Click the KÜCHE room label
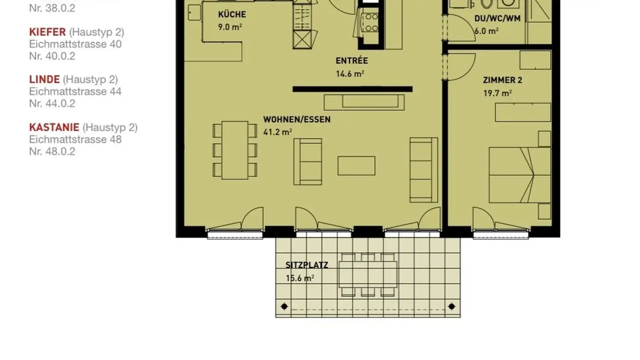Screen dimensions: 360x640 (x=232, y=15)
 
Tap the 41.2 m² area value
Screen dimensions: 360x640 (x=277, y=132)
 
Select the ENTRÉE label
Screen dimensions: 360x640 (x=352, y=61)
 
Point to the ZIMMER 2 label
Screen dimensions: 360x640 (x=502, y=80)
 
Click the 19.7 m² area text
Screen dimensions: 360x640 (x=497, y=93)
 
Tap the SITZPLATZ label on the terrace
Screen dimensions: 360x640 (x=307, y=265)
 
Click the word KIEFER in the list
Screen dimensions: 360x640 (x=48, y=32)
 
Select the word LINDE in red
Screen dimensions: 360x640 (x=44, y=80)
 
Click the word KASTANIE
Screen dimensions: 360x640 (x=54, y=127)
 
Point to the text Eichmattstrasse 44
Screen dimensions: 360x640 (x=75, y=92)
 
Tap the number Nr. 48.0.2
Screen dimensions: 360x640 (x=52, y=151)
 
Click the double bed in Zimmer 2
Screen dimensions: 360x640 (x=519, y=175)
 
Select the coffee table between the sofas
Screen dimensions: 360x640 (x=356, y=166)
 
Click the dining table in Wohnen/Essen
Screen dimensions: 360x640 (x=235, y=150)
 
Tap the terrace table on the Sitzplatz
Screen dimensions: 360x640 (x=368, y=274)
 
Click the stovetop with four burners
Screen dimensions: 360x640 (x=371, y=23)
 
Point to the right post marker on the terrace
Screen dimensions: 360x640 (x=452, y=306)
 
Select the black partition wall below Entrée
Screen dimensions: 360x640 (x=352, y=89)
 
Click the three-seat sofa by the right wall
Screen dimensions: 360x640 (x=423, y=169)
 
